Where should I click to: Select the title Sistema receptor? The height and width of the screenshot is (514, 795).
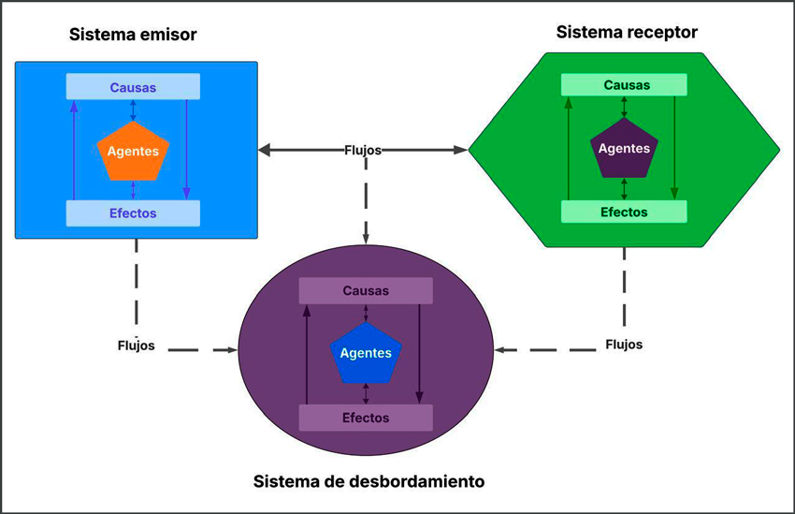point(627,33)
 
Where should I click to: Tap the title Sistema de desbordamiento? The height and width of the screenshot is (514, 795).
point(369,482)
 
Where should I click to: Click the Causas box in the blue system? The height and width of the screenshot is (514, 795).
point(133,88)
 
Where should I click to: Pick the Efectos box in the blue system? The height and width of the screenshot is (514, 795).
point(133,213)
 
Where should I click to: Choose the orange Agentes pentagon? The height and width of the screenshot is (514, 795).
point(133,151)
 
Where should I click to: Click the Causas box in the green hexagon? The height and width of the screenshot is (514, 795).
point(625,85)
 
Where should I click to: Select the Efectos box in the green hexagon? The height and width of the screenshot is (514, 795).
point(624,212)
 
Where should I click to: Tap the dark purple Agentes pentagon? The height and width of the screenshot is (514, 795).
point(624,150)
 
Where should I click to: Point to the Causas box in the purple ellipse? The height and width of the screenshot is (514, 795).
point(366,290)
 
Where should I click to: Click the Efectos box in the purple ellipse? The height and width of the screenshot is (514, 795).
point(366,418)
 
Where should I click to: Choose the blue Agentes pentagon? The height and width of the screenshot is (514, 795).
point(366,354)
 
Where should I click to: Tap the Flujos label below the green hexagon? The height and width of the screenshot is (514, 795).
point(624,344)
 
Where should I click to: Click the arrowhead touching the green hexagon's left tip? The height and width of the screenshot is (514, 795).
point(460,150)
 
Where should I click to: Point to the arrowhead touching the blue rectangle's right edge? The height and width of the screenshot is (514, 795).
point(265,150)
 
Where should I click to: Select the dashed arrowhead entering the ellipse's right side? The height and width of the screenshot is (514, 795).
point(500,350)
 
